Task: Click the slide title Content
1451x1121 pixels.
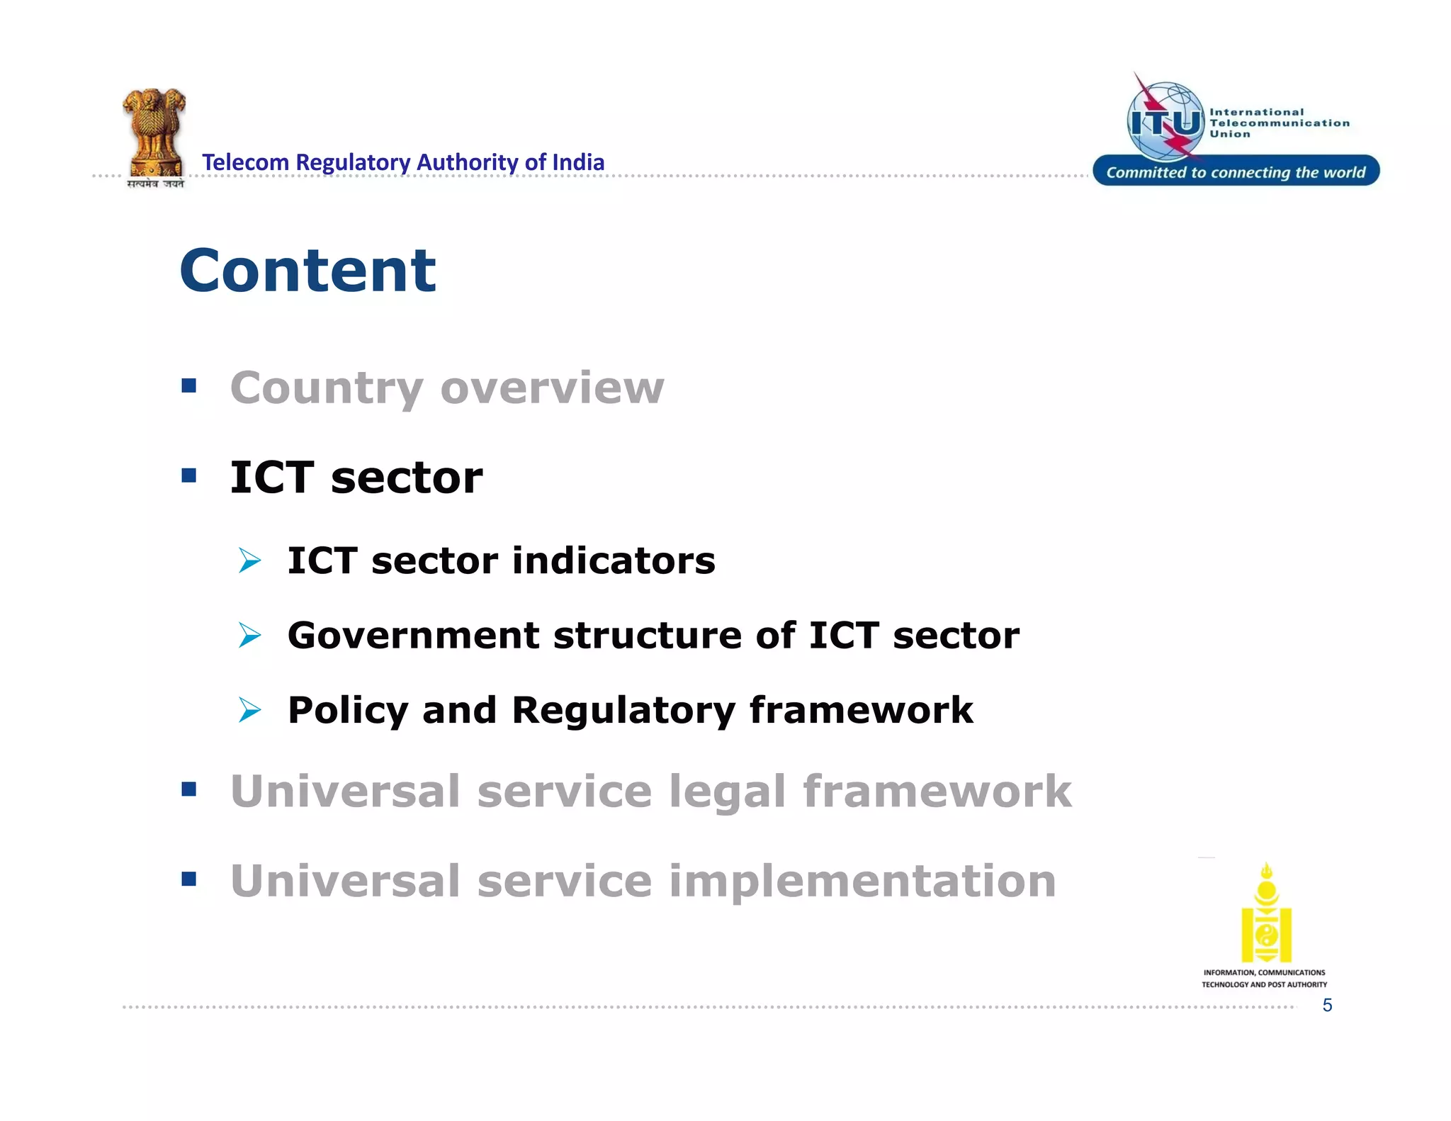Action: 307,271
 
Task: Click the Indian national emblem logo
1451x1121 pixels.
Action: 154,135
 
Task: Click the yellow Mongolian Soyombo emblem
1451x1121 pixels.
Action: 1266,913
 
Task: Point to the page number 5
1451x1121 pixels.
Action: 1327,1005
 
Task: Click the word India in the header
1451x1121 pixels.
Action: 577,162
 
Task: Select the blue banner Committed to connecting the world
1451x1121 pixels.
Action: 1236,171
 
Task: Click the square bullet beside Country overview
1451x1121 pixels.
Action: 188,385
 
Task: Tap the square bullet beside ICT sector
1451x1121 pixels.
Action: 188,475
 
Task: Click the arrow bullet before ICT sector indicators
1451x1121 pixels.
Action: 249,560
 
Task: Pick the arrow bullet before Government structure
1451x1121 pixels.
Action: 249,635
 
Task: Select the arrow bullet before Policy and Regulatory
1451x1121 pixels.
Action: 249,709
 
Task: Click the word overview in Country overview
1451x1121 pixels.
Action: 552,388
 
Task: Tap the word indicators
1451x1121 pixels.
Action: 614,560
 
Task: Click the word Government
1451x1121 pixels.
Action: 413,635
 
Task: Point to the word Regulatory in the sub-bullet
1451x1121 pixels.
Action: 623,710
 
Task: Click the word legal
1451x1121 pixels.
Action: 727,792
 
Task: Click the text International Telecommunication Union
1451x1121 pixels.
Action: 1278,123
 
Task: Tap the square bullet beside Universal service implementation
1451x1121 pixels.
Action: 188,879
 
